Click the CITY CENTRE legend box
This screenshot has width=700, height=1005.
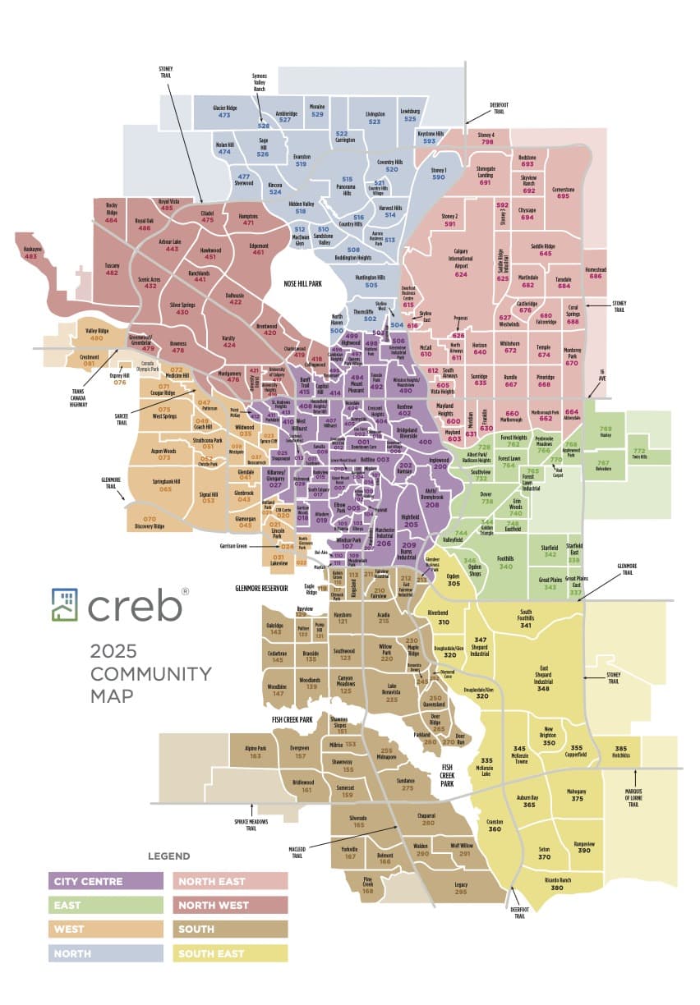[x=106, y=881]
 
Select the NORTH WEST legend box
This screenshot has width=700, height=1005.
[x=230, y=905]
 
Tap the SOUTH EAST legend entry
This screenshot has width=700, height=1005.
[x=230, y=952]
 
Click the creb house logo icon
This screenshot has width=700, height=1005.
[x=65, y=604]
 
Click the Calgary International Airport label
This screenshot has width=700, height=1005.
[x=460, y=263]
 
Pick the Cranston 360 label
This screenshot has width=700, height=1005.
[x=495, y=825]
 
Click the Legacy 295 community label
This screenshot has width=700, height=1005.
[x=461, y=888]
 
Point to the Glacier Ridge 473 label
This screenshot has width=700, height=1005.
[x=224, y=112]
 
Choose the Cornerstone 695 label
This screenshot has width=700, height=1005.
[x=563, y=192]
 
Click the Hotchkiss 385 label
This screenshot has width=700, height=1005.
[x=621, y=751]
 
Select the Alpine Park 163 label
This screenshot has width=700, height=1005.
[x=256, y=751]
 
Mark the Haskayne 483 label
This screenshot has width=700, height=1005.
[x=31, y=253]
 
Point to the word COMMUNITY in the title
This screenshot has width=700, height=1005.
[x=151, y=674]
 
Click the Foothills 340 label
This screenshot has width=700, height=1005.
[x=506, y=562]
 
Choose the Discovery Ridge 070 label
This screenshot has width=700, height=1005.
[x=149, y=522]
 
